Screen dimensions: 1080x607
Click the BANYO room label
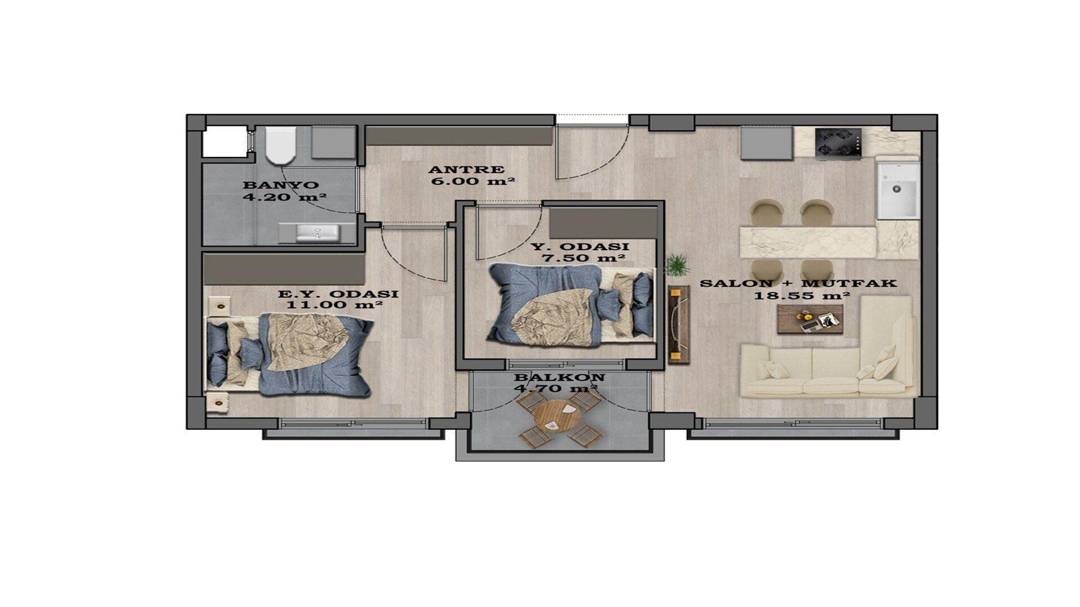(281, 185)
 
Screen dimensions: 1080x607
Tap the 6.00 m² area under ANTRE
(473, 181)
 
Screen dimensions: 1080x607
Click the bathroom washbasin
(317, 232)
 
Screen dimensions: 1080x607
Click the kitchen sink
(898, 190)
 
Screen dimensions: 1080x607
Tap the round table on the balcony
(557, 418)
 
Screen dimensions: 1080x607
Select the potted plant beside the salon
(677, 265)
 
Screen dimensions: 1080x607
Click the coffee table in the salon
(810, 319)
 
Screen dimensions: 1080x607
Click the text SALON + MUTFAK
(798, 283)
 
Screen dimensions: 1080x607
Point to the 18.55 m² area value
(802, 295)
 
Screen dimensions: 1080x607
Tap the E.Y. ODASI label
(339, 294)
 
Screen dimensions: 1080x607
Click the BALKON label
(559, 377)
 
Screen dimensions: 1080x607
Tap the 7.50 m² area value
(583, 258)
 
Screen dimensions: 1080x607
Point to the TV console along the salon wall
(679, 324)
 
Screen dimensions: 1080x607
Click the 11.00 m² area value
(335, 305)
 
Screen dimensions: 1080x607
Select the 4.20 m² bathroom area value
(285, 197)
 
